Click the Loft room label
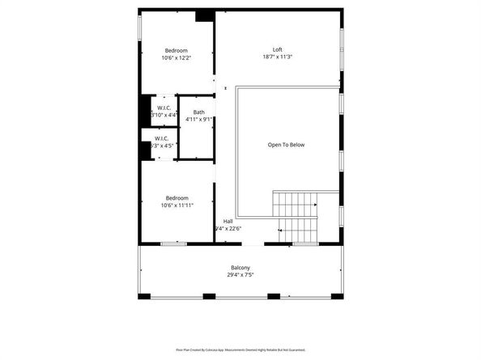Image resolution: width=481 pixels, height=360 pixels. (x=276, y=49)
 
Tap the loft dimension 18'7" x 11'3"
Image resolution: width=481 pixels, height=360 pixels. (x=276, y=57)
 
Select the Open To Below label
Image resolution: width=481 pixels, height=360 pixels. (x=286, y=145)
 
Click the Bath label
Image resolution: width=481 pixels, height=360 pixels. (x=198, y=112)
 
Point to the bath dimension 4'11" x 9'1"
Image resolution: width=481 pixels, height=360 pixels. (x=198, y=120)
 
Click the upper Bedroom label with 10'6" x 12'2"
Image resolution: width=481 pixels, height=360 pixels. (x=177, y=49)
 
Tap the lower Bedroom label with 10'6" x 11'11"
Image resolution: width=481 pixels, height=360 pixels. (x=177, y=198)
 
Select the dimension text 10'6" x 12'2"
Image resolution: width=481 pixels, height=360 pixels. (x=177, y=57)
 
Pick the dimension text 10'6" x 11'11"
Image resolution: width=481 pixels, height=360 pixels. (x=177, y=205)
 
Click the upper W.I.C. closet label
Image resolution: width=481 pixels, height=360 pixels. (x=163, y=108)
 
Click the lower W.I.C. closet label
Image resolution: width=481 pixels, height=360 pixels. (x=161, y=138)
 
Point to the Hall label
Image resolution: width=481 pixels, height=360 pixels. (x=228, y=221)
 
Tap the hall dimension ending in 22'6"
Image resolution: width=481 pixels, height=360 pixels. (x=228, y=228)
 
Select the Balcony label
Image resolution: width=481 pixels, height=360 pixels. (x=240, y=268)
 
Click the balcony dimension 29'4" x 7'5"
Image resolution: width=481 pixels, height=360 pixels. (x=240, y=275)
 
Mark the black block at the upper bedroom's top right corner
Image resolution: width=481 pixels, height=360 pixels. (x=205, y=15)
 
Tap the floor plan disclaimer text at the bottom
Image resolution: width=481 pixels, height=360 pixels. (x=240, y=349)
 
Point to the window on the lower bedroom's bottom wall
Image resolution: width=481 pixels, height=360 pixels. (x=173, y=244)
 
